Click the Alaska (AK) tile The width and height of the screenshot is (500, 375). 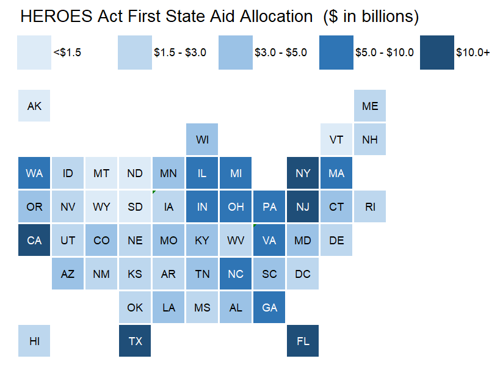(34, 106)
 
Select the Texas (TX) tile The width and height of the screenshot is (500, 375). (135, 341)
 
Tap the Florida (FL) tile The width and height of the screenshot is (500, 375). (303, 341)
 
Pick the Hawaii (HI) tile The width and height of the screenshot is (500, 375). (34, 341)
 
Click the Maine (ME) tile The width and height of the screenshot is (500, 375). (370, 106)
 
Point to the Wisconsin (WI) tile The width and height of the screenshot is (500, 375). (202, 139)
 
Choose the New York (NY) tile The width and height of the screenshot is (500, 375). (303, 173)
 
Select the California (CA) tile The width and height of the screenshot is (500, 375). (34, 240)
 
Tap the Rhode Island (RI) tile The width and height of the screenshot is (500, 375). (370, 206)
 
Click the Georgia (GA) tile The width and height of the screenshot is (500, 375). (269, 307)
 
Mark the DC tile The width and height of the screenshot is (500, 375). (303, 274)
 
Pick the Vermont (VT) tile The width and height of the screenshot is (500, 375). (336, 139)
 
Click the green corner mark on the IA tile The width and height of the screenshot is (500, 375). (154, 192)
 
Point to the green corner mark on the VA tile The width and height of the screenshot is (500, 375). (255, 225)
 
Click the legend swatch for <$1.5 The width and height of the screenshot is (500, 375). (34, 53)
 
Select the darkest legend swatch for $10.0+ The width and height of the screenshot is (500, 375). (437, 53)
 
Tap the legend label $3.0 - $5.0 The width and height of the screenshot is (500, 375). (281, 53)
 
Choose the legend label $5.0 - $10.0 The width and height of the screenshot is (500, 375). (385, 53)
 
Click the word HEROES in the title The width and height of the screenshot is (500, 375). (56, 16)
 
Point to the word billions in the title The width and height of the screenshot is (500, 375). (390, 16)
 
